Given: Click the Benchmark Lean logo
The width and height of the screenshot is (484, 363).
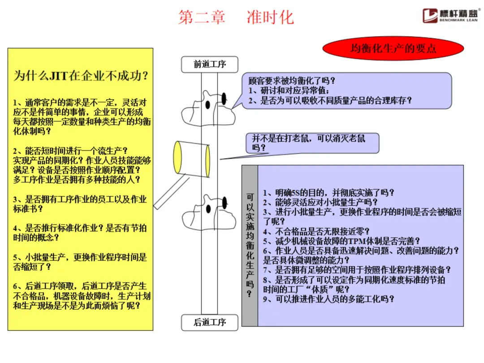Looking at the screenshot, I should [x=451, y=15].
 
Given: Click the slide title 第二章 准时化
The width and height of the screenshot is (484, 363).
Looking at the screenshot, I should [x=236, y=17].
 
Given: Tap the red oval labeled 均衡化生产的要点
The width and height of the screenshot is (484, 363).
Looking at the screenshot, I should [x=393, y=48].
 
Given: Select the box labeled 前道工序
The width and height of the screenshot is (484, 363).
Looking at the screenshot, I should [x=209, y=64].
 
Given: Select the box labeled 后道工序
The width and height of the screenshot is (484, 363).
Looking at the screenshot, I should [x=209, y=322].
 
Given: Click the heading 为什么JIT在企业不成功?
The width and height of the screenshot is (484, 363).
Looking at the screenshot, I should [x=81, y=75].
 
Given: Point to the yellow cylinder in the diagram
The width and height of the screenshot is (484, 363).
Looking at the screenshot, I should [x=192, y=159].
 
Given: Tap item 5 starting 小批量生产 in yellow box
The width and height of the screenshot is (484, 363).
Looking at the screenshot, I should [x=80, y=262].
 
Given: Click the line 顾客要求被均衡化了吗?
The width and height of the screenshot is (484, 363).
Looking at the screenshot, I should [x=292, y=81].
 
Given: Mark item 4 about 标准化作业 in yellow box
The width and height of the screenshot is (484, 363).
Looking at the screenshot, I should [x=80, y=233].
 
